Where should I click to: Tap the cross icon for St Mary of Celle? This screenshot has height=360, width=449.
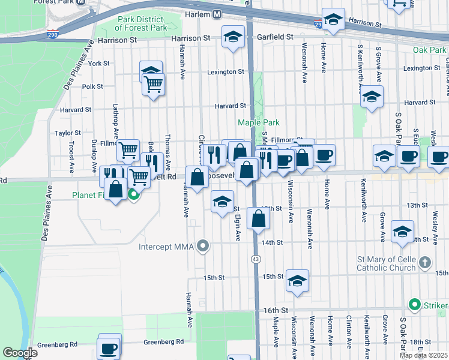pos(424,262)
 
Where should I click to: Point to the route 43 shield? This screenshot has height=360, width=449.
pos(256,259)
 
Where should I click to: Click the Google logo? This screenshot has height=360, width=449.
pos(20,353)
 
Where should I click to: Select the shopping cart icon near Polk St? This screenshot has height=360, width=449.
pos(154,83)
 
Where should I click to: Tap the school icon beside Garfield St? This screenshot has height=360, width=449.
pos(233,37)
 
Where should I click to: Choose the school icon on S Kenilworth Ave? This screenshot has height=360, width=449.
pos(372,96)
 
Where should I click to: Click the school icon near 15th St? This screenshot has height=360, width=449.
pos(297,281)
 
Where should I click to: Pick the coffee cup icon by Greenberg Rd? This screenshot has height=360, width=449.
pos(109,347)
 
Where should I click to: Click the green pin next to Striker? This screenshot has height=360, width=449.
pos(414,304)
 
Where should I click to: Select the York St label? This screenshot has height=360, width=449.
pos(98,63)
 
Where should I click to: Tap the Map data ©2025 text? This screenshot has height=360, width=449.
pos(424,355)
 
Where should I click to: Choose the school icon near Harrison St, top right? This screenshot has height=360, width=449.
pos(333,19)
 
